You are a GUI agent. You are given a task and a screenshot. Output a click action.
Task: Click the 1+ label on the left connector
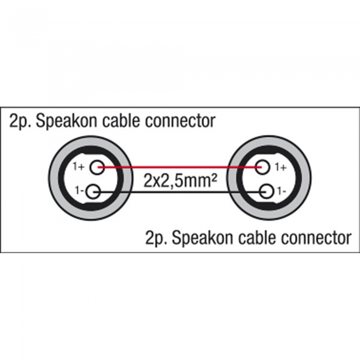tap(79, 167)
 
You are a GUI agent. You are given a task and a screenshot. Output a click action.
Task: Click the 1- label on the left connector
tap(79, 190)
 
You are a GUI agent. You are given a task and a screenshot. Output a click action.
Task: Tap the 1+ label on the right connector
tap(281, 167)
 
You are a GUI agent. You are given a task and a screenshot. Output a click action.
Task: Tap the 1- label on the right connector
tap(281, 191)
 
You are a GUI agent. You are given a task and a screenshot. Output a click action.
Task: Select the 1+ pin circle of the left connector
tap(97, 167)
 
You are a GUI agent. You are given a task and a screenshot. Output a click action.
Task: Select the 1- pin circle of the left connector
tap(94, 192)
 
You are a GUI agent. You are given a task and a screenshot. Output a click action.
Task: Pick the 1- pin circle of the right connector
tap(266, 192)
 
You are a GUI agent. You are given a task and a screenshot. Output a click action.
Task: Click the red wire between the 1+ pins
tap(180, 167)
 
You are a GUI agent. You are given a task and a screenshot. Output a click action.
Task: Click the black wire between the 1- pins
tap(180, 192)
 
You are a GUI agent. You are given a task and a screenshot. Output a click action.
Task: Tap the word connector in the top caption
tap(180, 121)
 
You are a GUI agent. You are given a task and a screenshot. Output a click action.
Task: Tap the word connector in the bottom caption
tap(316, 238)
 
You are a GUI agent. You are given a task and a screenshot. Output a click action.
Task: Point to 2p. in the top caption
tap(20, 121)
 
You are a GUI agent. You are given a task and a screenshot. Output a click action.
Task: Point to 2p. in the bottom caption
tap(156, 239)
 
